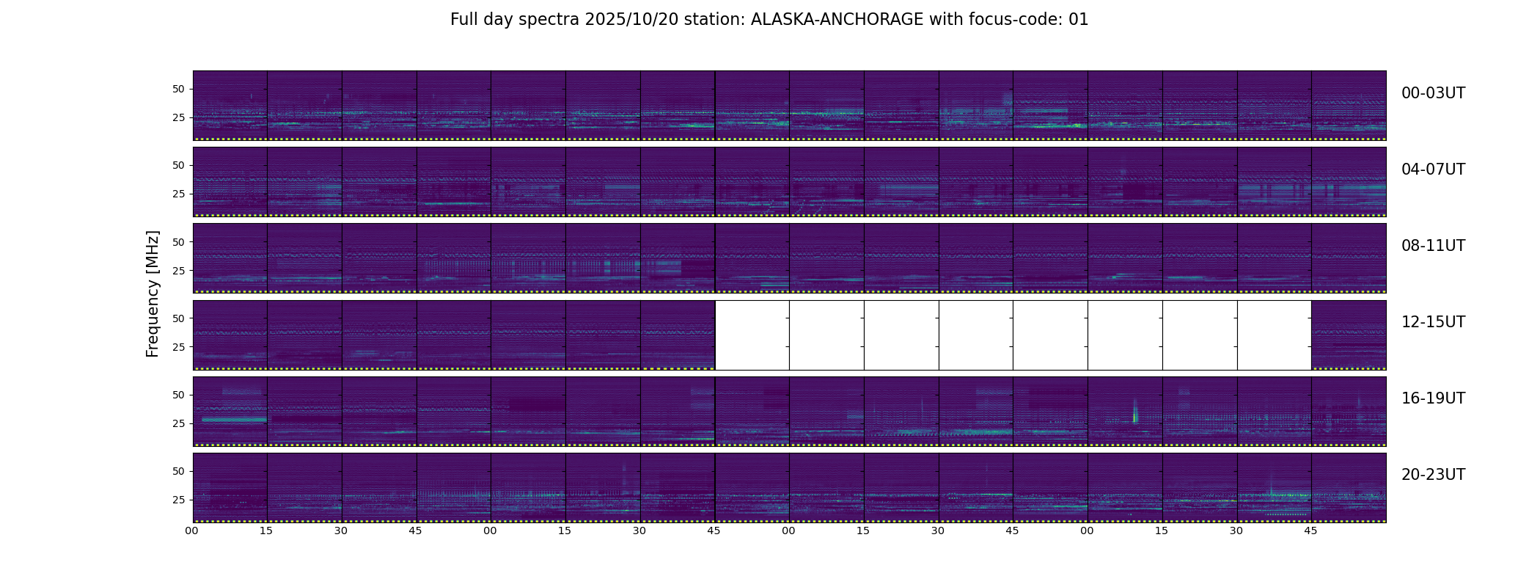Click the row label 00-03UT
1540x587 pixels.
[1433, 93]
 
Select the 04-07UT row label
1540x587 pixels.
[1433, 169]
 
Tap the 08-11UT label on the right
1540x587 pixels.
[1433, 246]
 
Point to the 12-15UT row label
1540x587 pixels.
[1433, 322]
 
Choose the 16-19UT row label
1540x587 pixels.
[1433, 398]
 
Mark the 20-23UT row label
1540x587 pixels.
[1433, 475]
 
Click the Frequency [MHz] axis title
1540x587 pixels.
[153, 293]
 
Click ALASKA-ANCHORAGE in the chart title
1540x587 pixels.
[837, 20]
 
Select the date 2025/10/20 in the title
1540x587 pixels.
[623, 20]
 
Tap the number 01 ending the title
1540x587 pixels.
[1079, 20]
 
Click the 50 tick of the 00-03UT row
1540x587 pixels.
[178, 89]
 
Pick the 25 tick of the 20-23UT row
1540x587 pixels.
[178, 500]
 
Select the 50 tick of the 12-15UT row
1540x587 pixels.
[178, 318]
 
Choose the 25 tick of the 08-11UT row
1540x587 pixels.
[178, 271]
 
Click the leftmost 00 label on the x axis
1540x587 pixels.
[192, 531]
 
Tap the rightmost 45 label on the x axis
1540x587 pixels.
[1311, 531]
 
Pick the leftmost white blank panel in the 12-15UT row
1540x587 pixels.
[752, 335]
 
